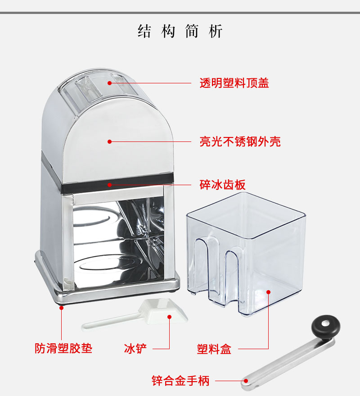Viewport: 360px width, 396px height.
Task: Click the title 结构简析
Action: click(180, 32)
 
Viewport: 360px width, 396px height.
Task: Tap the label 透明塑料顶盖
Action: click(234, 83)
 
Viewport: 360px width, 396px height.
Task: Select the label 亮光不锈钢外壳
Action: click(240, 142)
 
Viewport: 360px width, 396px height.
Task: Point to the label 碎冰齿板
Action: click(222, 185)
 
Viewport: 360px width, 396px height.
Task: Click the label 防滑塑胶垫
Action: click(63, 348)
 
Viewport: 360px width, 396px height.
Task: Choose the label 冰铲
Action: click(135, 348)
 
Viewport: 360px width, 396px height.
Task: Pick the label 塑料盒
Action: click(214, 349)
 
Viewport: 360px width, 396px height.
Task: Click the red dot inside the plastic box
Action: click(268, 292)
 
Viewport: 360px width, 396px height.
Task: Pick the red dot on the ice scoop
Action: click(170, 316)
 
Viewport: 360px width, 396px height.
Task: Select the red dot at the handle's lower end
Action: click(246, 381)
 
